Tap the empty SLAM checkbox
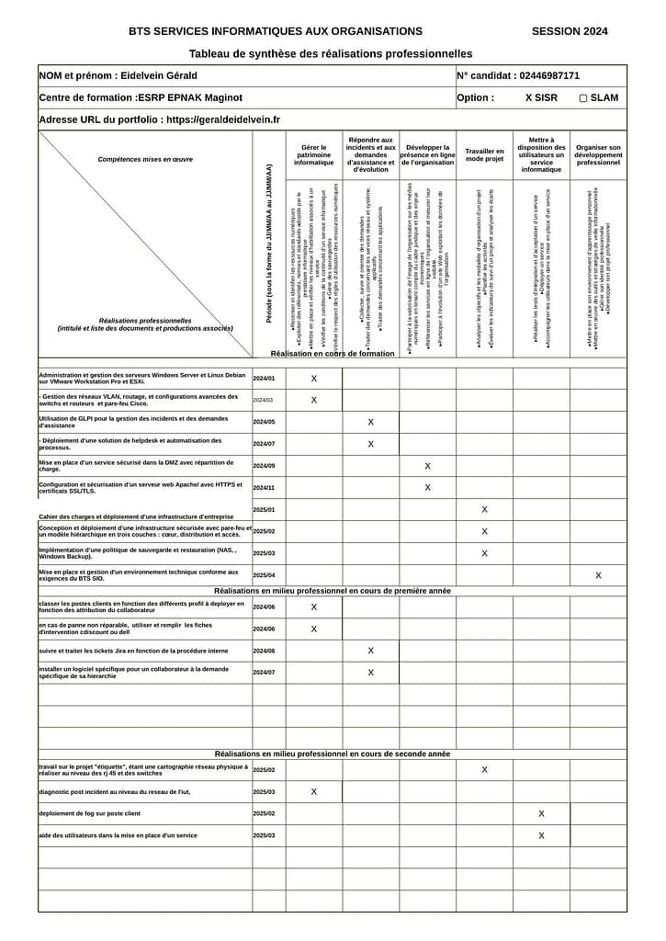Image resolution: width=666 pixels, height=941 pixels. [583, 97]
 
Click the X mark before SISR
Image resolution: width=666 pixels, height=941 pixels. [529, 97]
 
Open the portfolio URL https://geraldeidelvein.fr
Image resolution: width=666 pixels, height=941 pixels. [223, 119]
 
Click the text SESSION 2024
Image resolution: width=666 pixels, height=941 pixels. [569, 31]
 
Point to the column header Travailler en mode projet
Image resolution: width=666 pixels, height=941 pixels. [484, 154]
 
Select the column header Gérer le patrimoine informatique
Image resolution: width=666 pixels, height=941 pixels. [313, 154]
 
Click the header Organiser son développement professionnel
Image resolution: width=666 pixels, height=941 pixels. [598, 154]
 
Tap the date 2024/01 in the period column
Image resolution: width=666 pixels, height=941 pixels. [264, 379]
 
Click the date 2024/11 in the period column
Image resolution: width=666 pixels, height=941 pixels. [264, 488]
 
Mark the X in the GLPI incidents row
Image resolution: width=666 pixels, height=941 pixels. [371, 422]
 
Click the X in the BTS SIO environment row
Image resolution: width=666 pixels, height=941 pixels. [598, 575]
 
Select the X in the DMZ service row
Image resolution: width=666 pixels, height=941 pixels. [427, 466]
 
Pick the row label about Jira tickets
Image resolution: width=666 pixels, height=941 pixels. [134, 651]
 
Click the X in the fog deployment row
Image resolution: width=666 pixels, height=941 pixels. [541, 814]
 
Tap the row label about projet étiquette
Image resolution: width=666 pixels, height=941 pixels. [143, 770]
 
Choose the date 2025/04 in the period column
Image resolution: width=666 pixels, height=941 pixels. [264, 575]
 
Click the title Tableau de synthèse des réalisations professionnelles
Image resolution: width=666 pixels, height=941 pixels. [331, 54]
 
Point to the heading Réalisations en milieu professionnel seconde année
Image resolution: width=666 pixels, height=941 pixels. [332, 754]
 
